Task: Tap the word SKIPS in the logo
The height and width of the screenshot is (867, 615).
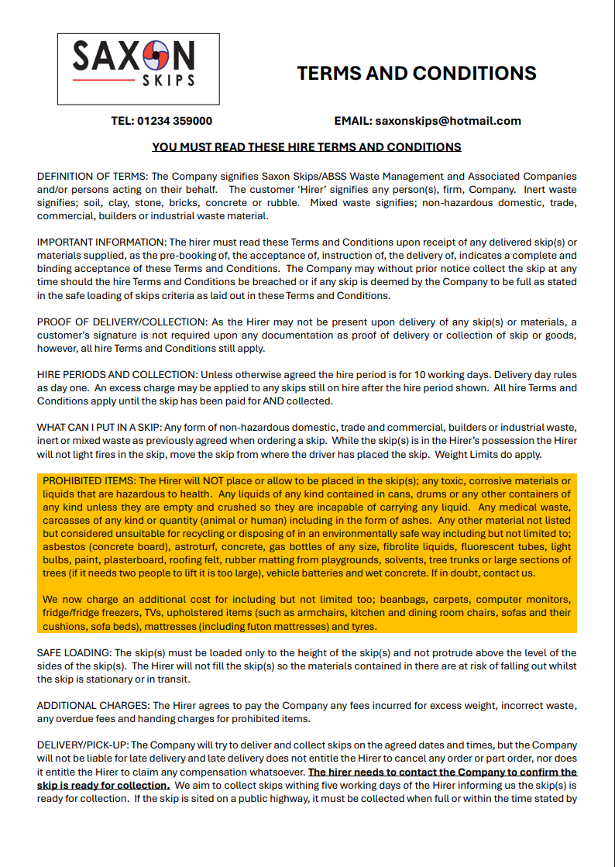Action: tap(169, 80)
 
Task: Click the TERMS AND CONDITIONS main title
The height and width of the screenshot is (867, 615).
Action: tap(417, 74)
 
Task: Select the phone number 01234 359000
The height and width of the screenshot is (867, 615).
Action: tap(174, 121)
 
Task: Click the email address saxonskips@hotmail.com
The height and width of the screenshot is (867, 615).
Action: tap(448, 121)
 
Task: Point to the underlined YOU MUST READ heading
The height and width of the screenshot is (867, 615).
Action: tap(307, 147)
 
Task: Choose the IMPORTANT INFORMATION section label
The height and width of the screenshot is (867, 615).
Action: tap(101, 243)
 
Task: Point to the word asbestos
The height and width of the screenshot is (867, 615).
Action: tap(65, 547)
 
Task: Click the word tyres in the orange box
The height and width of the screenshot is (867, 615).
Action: tap(363, 626)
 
